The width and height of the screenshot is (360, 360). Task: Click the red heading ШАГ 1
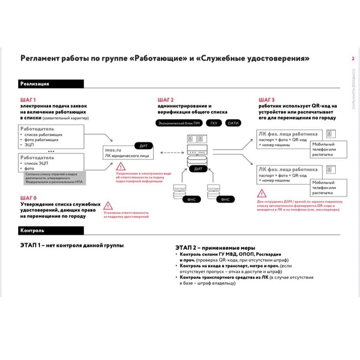point(28,100)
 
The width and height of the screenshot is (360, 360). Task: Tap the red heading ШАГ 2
point(166,100)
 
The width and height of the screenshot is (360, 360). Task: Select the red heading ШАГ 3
point(267,100)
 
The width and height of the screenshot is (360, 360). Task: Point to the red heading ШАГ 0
point(28,198)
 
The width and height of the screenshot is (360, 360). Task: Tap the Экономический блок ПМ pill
point(179,123)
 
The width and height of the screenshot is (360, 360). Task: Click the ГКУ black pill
point(214,123)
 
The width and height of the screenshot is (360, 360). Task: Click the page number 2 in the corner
point(353,59)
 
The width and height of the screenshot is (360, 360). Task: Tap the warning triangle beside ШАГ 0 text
point(108,206)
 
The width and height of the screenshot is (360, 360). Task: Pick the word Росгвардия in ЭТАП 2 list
point(269,254)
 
